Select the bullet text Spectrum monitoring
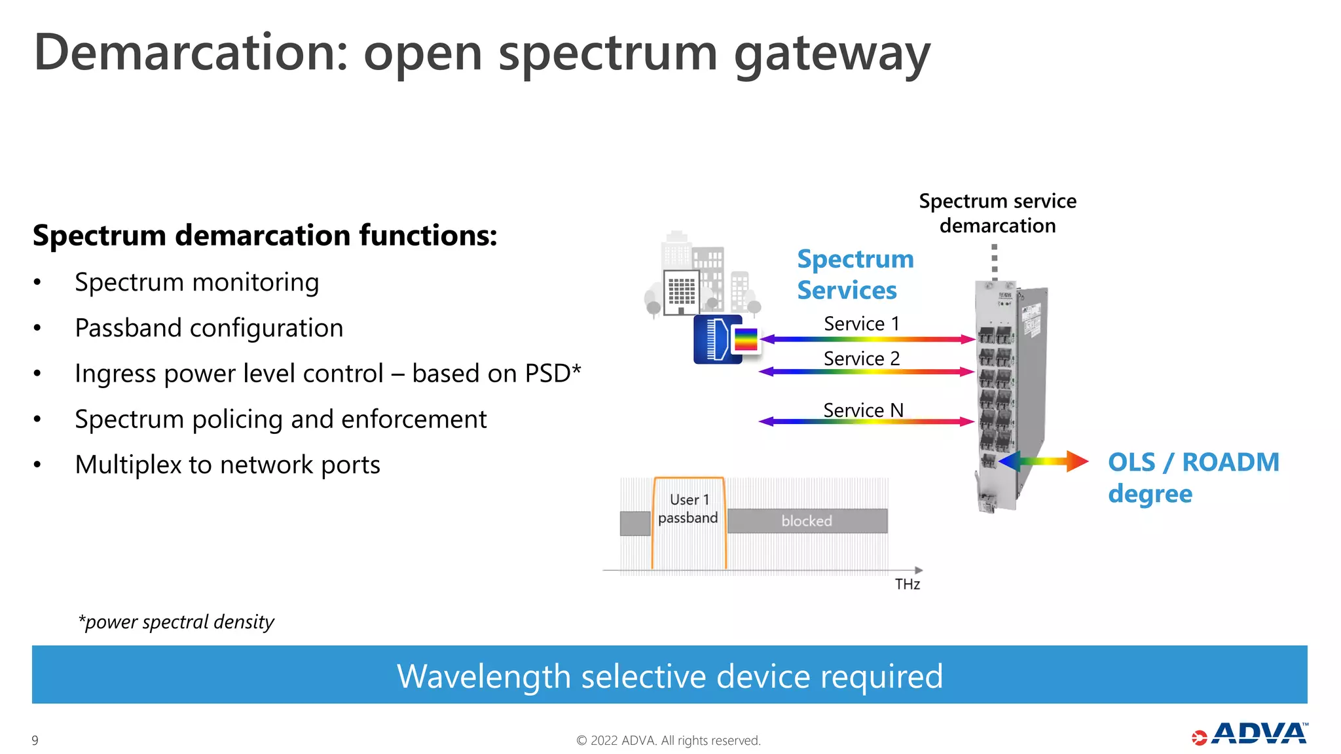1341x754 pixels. [196, 283]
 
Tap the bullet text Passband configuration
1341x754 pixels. [209, 328]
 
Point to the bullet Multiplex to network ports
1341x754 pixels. [227, 465]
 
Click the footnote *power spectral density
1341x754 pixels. [176, 622]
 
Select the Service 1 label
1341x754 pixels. [861, 323]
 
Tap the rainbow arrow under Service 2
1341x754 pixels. [866, 372]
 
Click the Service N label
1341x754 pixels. [863, 410]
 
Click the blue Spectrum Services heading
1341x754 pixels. [854, 275]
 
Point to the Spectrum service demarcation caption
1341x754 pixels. [997, 213]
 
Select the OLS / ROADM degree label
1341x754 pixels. [1193, 478]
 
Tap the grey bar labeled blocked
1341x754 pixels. [807, 521]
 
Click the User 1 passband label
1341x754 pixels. [688, 509]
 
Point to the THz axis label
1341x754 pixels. [907, 584]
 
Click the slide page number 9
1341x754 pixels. [35, 740]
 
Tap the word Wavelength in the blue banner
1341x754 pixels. [484, 676]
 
